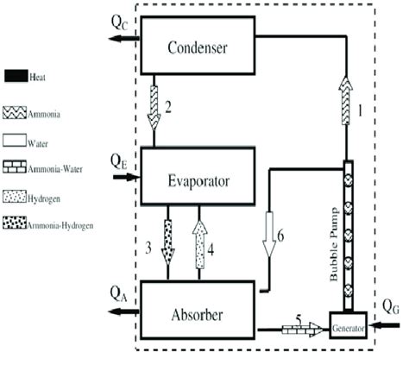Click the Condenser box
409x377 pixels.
pos(198,47)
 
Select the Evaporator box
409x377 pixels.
pos(198,176)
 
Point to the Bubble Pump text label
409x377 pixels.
pos(334,237)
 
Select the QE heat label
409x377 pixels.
pos(120,160)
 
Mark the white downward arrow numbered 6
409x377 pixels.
pos(269,233)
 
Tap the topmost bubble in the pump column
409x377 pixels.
pos(349,182)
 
